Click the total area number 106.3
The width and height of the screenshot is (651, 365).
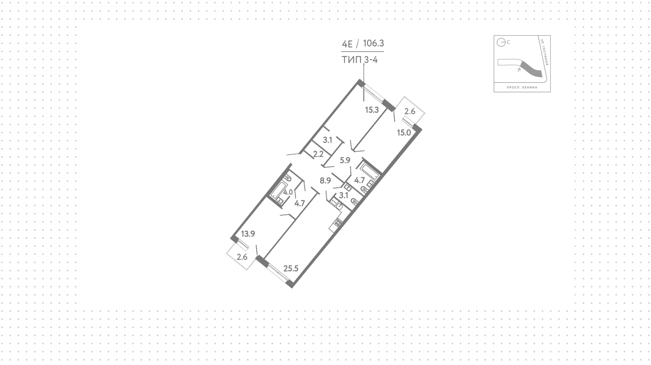click(373, 43)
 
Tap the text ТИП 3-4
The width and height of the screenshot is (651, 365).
click(360, 60)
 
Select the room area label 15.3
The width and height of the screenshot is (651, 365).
click(372, 110)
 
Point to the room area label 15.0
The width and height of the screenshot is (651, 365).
click(404, 133)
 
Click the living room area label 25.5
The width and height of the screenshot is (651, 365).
click(291, 269)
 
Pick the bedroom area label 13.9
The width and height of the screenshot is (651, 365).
click(248, 234)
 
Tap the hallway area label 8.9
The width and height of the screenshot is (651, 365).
click(325, 180)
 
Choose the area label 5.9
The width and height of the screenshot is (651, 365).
click(345, 160)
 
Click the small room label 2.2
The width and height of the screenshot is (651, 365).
click(318, 154)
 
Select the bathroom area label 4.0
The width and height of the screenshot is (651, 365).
click(288, 192)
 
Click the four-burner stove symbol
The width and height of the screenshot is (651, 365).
click(338, 222)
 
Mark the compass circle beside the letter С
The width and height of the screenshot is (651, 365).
click(501, 42)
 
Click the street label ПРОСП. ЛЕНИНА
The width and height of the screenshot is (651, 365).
click(522, 87)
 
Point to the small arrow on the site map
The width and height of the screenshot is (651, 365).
click(519, 70)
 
